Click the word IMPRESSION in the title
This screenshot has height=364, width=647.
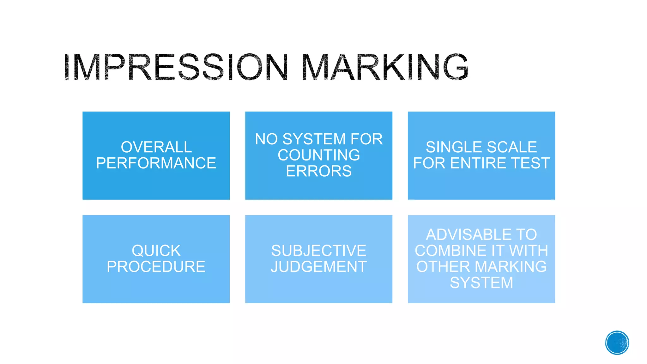[x=175, y=67]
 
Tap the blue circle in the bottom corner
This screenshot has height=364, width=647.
[x=617, y=343]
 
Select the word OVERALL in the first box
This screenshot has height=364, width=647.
[x=156, y=147]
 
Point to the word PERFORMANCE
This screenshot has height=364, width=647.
[x=156, y=163]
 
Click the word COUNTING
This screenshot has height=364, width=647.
[x=319, y=155]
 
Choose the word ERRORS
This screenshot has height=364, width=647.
[x=319, y=171]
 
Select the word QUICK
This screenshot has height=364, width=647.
[x=156, y=251]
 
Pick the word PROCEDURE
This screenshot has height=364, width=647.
[x=156, y=267]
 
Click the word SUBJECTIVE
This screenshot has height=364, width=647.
[x=319, y=251]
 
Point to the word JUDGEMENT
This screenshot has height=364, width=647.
[x=319, y=267]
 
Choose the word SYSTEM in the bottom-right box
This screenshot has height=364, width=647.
[x=481, y=283]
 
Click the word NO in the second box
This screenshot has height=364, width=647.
[x=266, y=139]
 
